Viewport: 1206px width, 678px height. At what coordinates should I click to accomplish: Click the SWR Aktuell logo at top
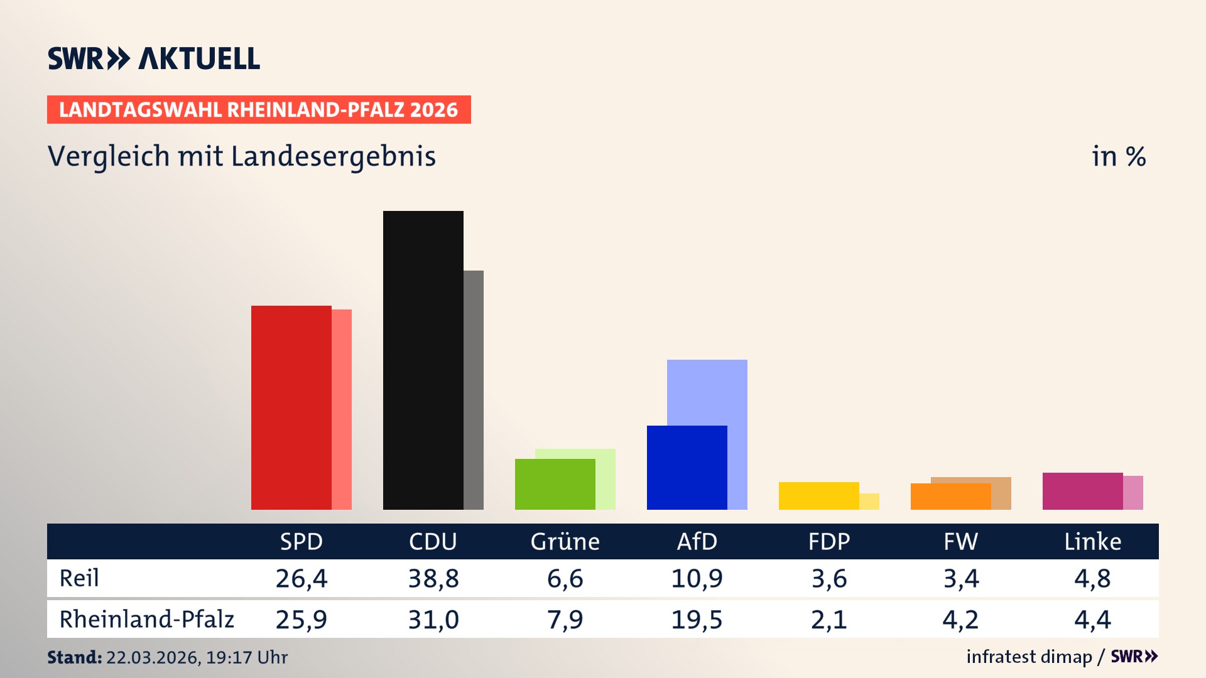click(x=154, y=58)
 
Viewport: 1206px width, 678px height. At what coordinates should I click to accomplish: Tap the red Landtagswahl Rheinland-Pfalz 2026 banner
click(x=259, y=110)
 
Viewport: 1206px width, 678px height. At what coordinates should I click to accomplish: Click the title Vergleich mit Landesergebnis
click(x=242, y=156)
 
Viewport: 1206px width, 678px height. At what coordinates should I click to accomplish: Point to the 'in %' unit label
click(x=1119, y=156)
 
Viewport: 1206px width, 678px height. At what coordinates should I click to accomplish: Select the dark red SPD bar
click(x=291, y=408)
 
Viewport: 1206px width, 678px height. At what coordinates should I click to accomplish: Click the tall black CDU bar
click(x=423, y=360)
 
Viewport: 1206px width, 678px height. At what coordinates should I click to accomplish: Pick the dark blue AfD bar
click(x=687, y=468)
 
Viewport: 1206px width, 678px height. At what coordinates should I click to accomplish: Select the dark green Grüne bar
click(x=555, y=484)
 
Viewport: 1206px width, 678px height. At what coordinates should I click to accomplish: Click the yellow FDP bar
click(x=818, y=496)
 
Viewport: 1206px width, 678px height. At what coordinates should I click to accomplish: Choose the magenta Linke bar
click(x=1082, y=491)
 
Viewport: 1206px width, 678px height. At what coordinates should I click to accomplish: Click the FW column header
click(x=960, y=542)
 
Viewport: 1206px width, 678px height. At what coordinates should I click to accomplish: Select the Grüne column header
click(x=565, y=542)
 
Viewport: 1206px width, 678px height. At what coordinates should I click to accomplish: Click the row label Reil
click(x=79, y=578)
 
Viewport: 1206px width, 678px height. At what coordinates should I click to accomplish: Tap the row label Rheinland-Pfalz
click(x=146, y=620)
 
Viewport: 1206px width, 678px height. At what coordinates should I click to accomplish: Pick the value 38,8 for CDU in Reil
click(x=433, y=578)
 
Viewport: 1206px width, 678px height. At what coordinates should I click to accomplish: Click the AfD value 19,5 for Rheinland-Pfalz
click(x=697, y=620)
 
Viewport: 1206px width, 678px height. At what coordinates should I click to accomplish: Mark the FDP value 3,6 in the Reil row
click(x=828, y=578)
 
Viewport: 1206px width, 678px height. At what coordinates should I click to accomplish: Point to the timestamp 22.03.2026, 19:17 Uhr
click(x=197, y=657)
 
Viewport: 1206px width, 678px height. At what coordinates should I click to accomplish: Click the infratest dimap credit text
click(x=1029, y=657)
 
